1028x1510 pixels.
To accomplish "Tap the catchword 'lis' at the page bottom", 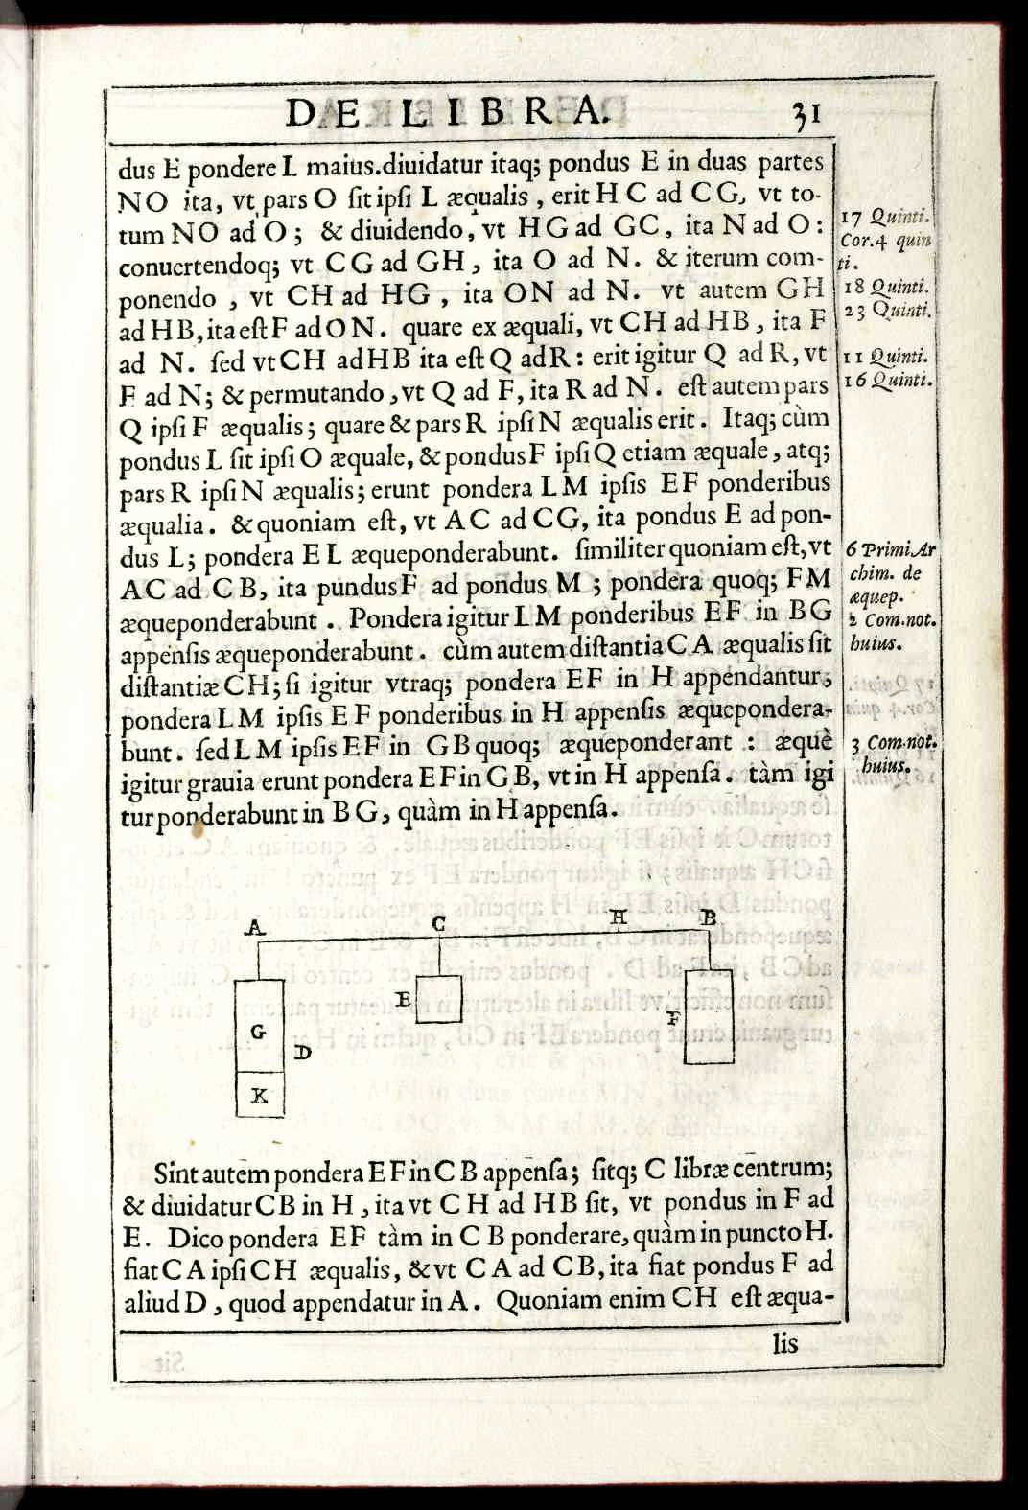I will (x=784, y=1343).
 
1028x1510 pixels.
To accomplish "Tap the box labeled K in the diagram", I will (x=260, y=1095).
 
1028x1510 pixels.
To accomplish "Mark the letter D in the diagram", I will (x=303, y=1053).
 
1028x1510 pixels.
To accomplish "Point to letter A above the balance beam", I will (x=254, y=926).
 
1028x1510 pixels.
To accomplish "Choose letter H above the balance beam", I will (x=619, y=918).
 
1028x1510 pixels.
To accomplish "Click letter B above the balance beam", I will (x=708, y=918).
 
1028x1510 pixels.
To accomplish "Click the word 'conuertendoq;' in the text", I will (x=177, y=262).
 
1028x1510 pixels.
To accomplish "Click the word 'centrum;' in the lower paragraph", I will (x=784, y=1168).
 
